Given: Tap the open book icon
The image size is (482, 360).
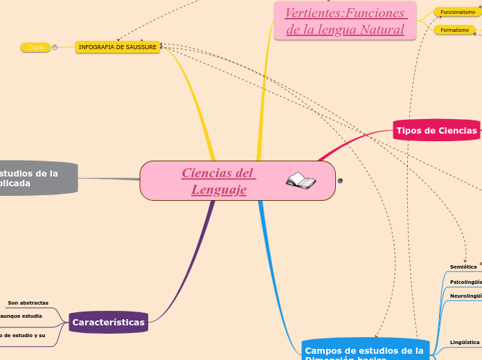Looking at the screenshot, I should [301, 181].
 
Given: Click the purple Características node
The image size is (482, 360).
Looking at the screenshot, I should [109, 322].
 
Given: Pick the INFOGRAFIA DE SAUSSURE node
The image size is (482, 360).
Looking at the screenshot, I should [118, 47].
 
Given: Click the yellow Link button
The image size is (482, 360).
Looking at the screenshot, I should [35, 47].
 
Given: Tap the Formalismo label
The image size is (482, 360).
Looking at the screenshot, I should [455, 30].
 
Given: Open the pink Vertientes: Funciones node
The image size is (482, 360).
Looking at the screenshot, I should [345, 21].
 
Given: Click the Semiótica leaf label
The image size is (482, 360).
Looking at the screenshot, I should [463, 267].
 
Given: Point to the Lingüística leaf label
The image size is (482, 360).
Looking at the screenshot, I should [465, 342].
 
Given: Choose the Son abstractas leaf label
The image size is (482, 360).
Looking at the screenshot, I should [28, 303].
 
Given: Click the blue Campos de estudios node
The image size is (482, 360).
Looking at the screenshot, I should [364, 352].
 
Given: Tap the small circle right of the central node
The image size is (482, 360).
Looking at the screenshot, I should [340, 181].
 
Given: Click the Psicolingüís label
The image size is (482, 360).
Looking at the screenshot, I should [465, 282].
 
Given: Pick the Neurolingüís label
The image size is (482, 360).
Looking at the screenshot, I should [465, 296].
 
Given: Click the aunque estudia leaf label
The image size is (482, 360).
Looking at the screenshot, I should [21, 316].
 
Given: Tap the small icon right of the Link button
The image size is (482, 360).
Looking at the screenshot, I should [55, 47].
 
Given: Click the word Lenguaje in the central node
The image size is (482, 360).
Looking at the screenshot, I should [219, 189].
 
